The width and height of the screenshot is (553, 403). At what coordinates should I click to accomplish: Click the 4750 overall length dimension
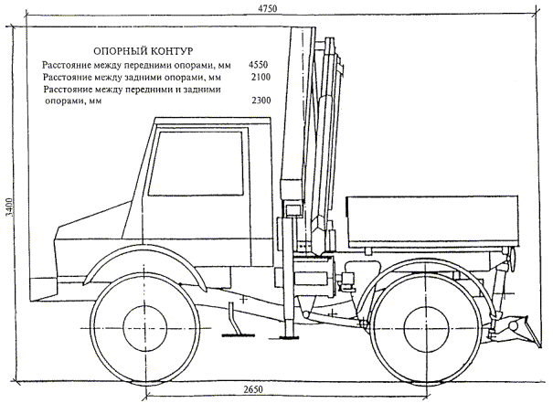(268, 7)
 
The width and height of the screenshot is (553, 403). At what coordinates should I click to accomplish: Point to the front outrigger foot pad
(235, 335)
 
